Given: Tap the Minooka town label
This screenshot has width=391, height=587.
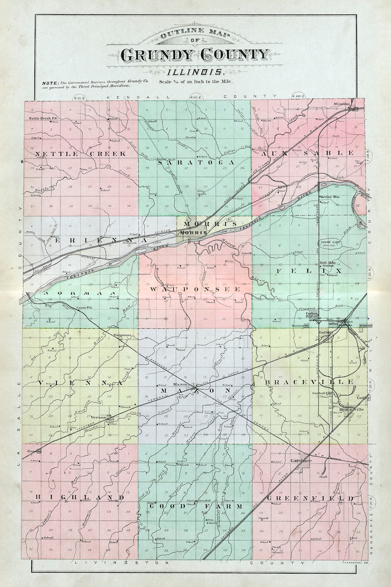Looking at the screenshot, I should (x=342, y=104).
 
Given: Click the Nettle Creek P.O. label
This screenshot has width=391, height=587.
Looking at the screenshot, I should (x=43, y=118).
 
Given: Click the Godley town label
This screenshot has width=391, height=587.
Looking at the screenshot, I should (x=363, y=398).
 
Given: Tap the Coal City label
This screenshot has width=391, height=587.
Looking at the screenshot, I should (x=325, y=332).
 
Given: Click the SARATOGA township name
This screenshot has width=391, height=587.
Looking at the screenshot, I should (x=196, y=163).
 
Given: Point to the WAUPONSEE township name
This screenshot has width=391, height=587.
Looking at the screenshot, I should (x=195, y=290).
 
